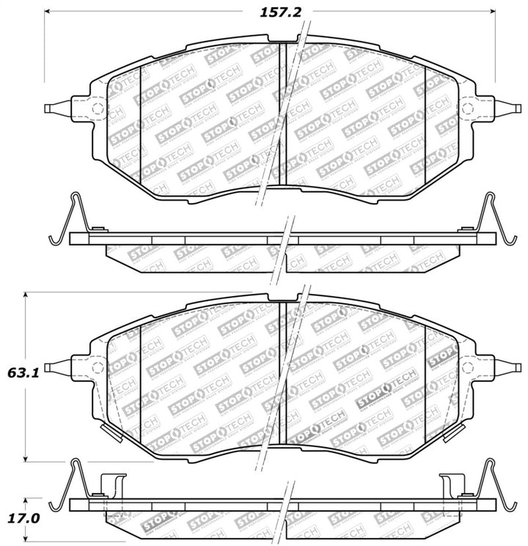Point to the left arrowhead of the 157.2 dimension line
(49, 12)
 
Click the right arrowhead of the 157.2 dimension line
(493, 12)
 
